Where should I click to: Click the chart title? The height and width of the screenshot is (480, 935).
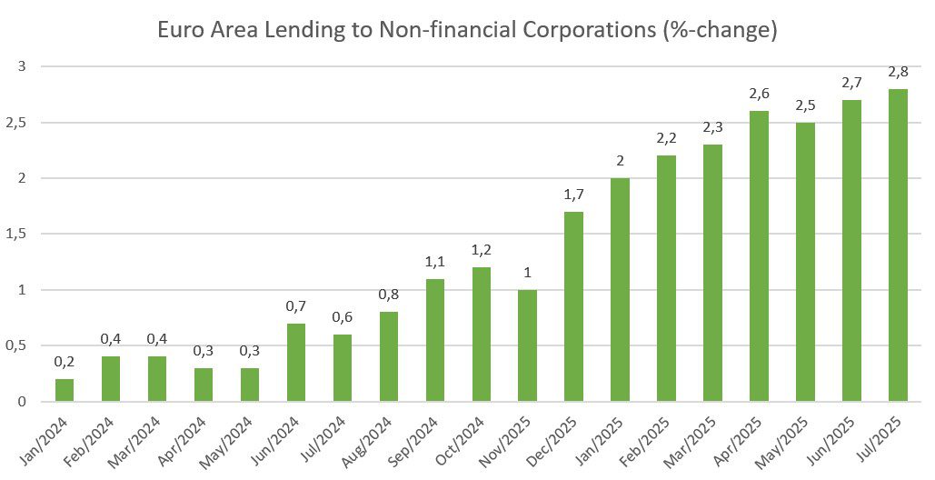click(467, 30)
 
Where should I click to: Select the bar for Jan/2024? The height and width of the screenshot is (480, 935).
click(65, 390)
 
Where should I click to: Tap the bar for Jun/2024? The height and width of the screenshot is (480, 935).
click(296, 363)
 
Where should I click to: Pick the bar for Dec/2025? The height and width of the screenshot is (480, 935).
click(573, 306)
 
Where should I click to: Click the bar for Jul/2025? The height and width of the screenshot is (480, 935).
click(898, 245)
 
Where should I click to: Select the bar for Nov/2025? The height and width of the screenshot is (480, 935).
click(527, 345)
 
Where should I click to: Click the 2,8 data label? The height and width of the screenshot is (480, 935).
click(898, 73)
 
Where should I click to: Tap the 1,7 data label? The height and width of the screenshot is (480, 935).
click(573, 195)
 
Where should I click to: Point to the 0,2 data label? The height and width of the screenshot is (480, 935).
click(65, 363)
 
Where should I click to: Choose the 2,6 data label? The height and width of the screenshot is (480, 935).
click(759, 95)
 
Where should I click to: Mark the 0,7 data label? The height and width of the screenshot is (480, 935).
click(296, 306)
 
